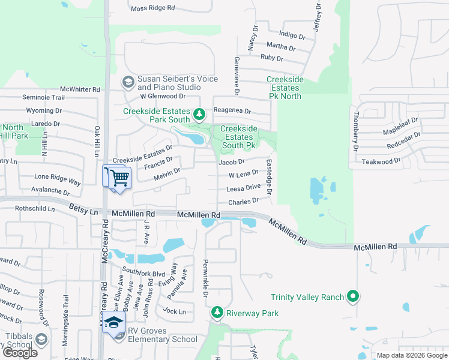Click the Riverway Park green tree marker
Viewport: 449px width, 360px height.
pos(217,313)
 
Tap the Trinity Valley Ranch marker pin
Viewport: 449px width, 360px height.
pos(354,296)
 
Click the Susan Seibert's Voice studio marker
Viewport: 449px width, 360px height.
pos(128,81)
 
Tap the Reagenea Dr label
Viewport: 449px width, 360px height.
pos(231,112)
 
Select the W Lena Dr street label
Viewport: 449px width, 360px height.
pos(243,173)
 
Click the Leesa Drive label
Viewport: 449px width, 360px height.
pos(243,188)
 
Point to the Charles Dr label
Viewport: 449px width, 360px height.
pos(243,202)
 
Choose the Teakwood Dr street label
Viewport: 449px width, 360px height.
pos(381,162)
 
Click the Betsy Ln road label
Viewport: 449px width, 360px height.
pos(83,211)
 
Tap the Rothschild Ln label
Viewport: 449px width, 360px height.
pos(34,209)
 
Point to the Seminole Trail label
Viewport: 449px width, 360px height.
pos(43,97)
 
